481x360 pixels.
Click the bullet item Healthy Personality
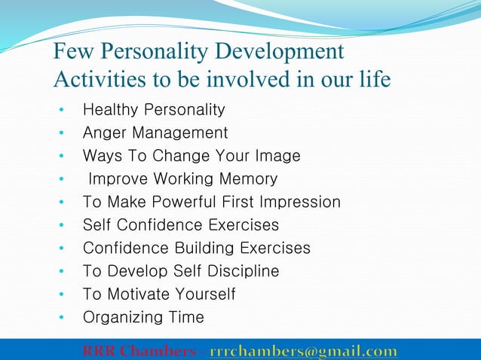coord(154,110)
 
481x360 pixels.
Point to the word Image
coord(277,156)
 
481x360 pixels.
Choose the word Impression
coord(299,202)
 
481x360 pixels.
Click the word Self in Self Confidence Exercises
coord(97,225)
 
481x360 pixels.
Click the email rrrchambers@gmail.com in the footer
coord(303,351)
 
